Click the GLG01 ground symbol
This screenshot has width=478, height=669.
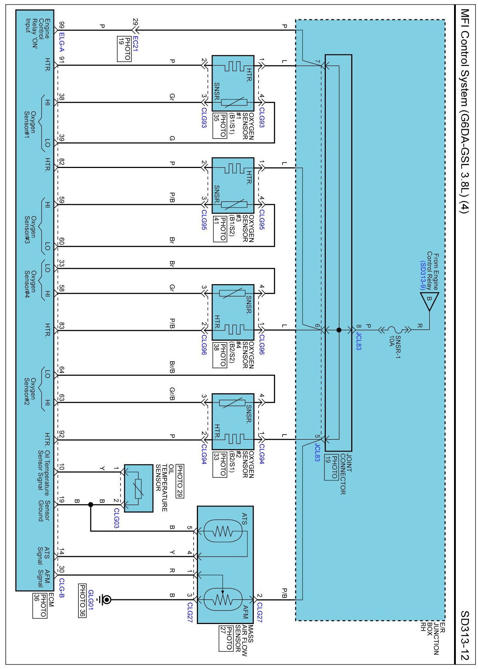(x=105, y=600)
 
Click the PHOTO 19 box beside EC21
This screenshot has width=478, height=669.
(x=124, y=49)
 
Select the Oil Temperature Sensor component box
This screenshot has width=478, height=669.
(x=138, y=488)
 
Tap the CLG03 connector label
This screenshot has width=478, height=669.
(x=117, y=518)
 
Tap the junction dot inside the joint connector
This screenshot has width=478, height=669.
(x=339, y=330)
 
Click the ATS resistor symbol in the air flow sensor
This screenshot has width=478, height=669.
(x=223, y=531)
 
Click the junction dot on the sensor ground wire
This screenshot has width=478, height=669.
(x=90, y=505)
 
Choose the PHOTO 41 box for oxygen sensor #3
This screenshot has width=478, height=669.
(x=220, y=228)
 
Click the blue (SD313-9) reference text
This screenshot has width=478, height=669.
(x=422, y=275)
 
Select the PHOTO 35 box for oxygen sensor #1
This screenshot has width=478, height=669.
(x=220, y=126)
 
